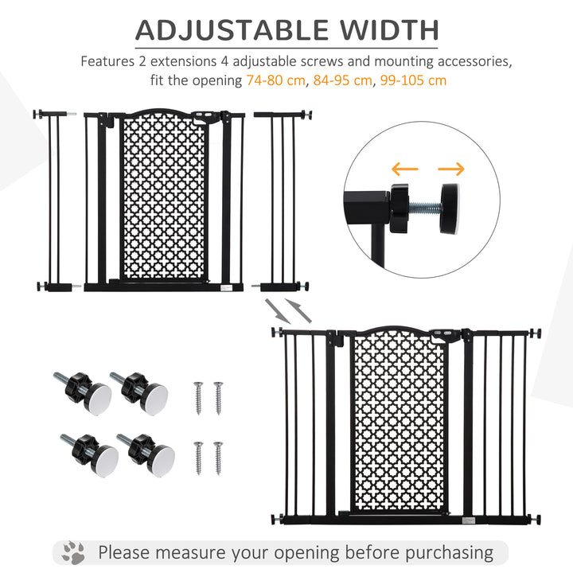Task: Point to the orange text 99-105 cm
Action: click(x=414, y=80)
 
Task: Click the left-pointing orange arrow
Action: click(x=406, y=169)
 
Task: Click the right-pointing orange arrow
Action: click(x=451, y=169)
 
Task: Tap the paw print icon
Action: click(x=73, y=552)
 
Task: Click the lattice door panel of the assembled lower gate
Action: click(x=398, y=422)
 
